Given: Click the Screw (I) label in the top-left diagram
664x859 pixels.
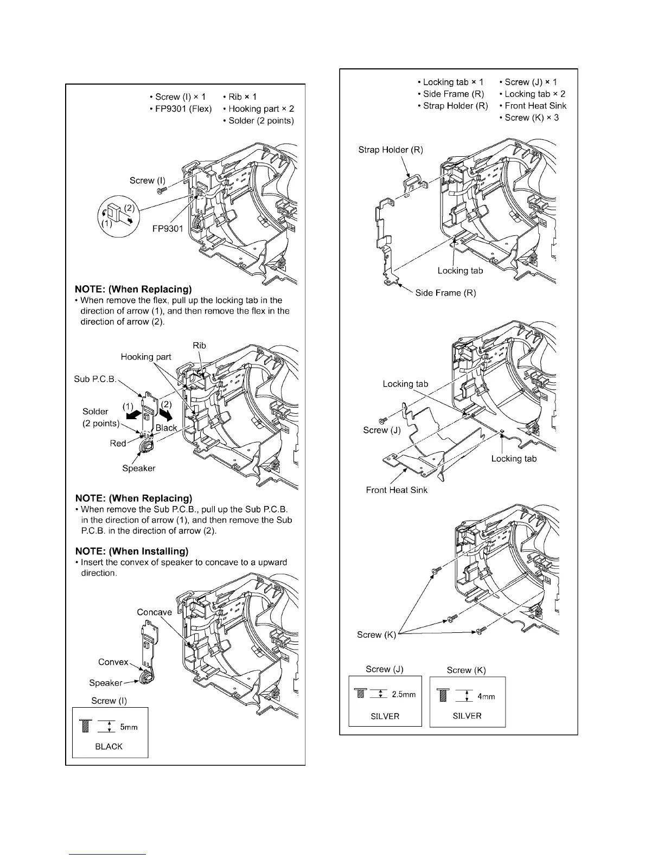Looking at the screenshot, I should [148, 181].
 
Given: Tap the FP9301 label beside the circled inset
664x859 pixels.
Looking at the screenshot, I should [167, 228].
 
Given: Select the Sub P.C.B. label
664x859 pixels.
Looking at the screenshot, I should [95, 379].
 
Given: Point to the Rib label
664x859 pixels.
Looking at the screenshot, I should [199, 345].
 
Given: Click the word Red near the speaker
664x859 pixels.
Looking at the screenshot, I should [118, 444].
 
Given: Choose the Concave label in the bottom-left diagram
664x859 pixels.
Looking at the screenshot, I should [154, 612].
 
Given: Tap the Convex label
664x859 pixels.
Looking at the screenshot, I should [113, 662].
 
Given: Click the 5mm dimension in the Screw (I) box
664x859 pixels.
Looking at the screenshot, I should [129, 727].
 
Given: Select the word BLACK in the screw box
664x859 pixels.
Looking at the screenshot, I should [108, 747].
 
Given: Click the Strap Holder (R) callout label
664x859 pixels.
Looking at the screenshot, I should [391, 150].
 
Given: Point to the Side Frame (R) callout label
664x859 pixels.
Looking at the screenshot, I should [445, 293].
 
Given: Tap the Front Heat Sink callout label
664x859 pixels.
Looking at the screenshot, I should [397, 490].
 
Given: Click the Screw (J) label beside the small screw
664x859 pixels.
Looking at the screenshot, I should [382, 430].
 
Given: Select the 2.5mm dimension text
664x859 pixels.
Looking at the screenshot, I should [404, 695].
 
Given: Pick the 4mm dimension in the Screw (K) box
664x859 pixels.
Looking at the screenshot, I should [486, 696].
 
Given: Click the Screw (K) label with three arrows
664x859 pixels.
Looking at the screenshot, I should [376, 634].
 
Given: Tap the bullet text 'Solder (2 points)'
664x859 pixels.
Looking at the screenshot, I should [261, 121].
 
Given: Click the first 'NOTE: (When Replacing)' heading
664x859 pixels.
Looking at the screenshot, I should [133, 289].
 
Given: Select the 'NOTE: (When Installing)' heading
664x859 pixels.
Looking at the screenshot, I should [132, 551].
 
